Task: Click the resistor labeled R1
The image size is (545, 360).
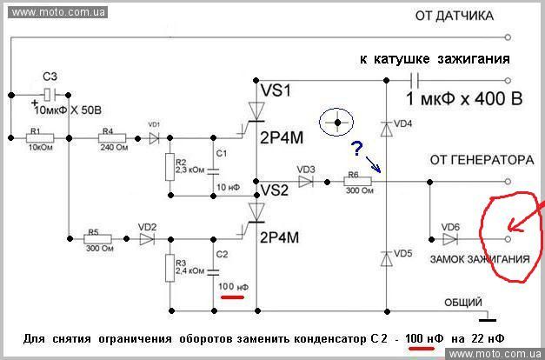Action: [x=39, y=137]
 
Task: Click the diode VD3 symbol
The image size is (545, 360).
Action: [x=308, y=183]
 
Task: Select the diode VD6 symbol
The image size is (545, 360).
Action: [x=450, y=237]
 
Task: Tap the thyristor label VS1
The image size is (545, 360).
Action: [x=277, y=90]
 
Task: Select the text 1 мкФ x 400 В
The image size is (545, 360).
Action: [x=465, y=99]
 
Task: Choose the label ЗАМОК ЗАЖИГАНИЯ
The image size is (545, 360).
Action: [x=480, y=259]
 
